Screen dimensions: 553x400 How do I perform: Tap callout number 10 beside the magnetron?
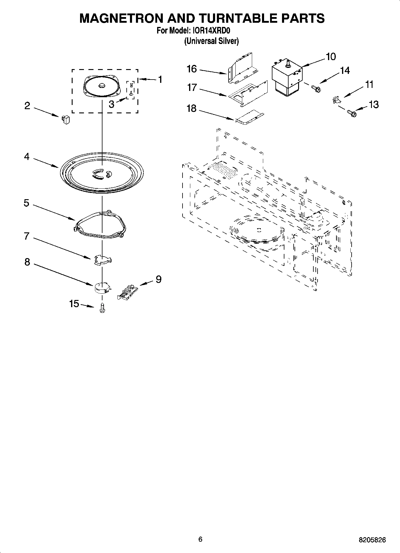click(x=331, y=57)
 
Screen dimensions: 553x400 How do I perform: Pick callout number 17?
click(x=192, y=87)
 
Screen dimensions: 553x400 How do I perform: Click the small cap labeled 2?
click(x=66, y=119)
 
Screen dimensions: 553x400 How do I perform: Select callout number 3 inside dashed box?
click(x=111, y=104)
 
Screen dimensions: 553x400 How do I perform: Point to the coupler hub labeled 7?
click(x=102, y=259)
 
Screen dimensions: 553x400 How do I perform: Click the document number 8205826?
click(x=372, y=540)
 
